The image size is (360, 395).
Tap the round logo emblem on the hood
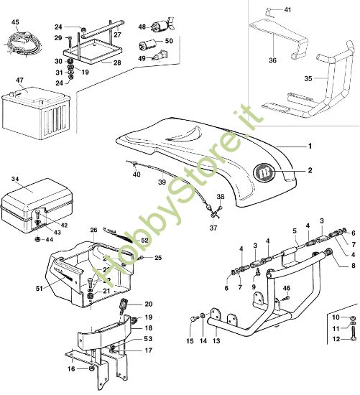click(x=266, y=172)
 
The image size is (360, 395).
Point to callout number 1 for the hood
click(x=310, y=146)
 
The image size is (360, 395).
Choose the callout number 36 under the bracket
click(x=272, y=60)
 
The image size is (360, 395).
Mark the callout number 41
click(x=288, y=10)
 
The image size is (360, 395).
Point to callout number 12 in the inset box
click(x=336, y=339)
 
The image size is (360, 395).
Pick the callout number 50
click(x=169, y=41)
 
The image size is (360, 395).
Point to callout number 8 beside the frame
click(x=353, y=265)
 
